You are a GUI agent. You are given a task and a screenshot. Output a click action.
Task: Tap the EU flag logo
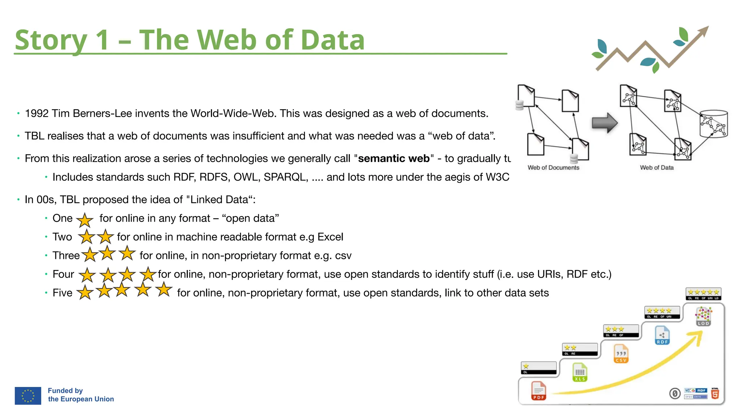[28, 396]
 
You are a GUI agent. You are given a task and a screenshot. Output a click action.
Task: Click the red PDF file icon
[538, 391]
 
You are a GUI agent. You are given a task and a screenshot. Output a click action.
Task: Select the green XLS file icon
[580, 372]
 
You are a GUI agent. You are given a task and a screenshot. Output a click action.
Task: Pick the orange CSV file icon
[621, 354]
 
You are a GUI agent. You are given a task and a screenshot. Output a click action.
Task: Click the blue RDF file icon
[662, 335]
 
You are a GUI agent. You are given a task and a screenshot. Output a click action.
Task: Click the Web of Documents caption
[553, 168]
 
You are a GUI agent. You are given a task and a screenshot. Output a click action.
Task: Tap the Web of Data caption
[657, 168]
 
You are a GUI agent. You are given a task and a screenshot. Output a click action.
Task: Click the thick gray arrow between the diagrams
[604, 123]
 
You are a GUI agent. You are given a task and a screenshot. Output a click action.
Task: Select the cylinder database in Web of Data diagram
[713, 124]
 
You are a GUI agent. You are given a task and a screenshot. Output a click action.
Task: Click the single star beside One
[85, 219]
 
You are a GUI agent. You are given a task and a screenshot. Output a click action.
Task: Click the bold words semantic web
[394, 159]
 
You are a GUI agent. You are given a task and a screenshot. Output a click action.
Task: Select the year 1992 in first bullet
[37, 114]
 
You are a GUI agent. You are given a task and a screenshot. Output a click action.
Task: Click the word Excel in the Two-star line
[330, 237]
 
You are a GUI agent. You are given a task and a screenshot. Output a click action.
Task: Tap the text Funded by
[65, 391]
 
